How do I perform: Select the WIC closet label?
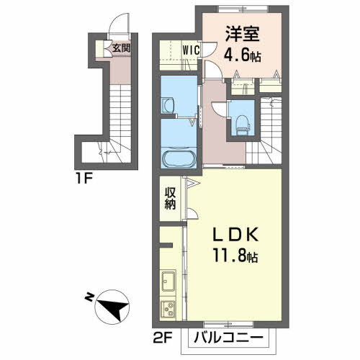pos(190,50)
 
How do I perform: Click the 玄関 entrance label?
pos(121,49)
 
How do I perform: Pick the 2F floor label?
pos(163,336)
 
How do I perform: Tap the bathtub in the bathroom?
pos(178,158)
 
